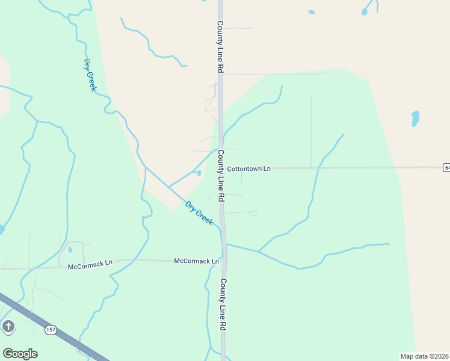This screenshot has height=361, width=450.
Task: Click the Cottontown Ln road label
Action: point(249,169)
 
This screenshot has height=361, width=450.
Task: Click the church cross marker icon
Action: point(8,327)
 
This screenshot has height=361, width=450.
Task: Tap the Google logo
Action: point(20,354)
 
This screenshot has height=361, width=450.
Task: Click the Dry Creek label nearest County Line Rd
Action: point(199,213)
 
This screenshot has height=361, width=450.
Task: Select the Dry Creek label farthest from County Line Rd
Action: point(90,75)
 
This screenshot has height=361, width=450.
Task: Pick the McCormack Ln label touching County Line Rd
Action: point(197,261)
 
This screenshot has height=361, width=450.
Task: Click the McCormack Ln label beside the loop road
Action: point(90,265)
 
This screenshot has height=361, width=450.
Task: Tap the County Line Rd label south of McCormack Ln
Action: point(223,304)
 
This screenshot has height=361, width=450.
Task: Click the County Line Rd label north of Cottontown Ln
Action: point(220,48)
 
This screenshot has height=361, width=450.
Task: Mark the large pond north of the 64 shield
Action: point(415,118)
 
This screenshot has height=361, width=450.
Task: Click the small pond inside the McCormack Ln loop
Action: point(70,249)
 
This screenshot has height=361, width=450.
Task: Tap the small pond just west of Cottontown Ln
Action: point(199,173)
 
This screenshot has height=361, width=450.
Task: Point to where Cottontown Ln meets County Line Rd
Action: point(221,168)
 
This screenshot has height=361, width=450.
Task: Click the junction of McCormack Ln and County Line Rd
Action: point(223,261)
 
